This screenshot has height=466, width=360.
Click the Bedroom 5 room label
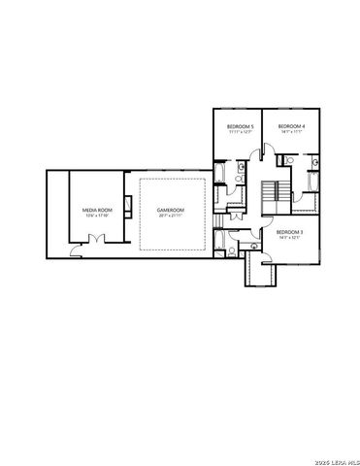coord(240,126)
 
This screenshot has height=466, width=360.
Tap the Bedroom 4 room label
coord(291,126)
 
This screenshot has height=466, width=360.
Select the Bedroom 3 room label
coord(289,232)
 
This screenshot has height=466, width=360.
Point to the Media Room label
coord(95,210)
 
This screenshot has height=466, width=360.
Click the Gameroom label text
coord(171,210)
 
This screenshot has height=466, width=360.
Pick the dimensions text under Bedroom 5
coord(240,132)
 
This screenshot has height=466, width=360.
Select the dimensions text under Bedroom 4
coord(291,132)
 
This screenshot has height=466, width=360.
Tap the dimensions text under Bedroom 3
coord(289,238)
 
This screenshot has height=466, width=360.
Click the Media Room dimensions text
coord(95,216)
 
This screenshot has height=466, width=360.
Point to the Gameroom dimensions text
coord(171,216)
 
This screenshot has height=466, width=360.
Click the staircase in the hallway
coord(278,191)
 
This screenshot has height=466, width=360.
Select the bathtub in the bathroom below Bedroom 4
coord(312,182)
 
